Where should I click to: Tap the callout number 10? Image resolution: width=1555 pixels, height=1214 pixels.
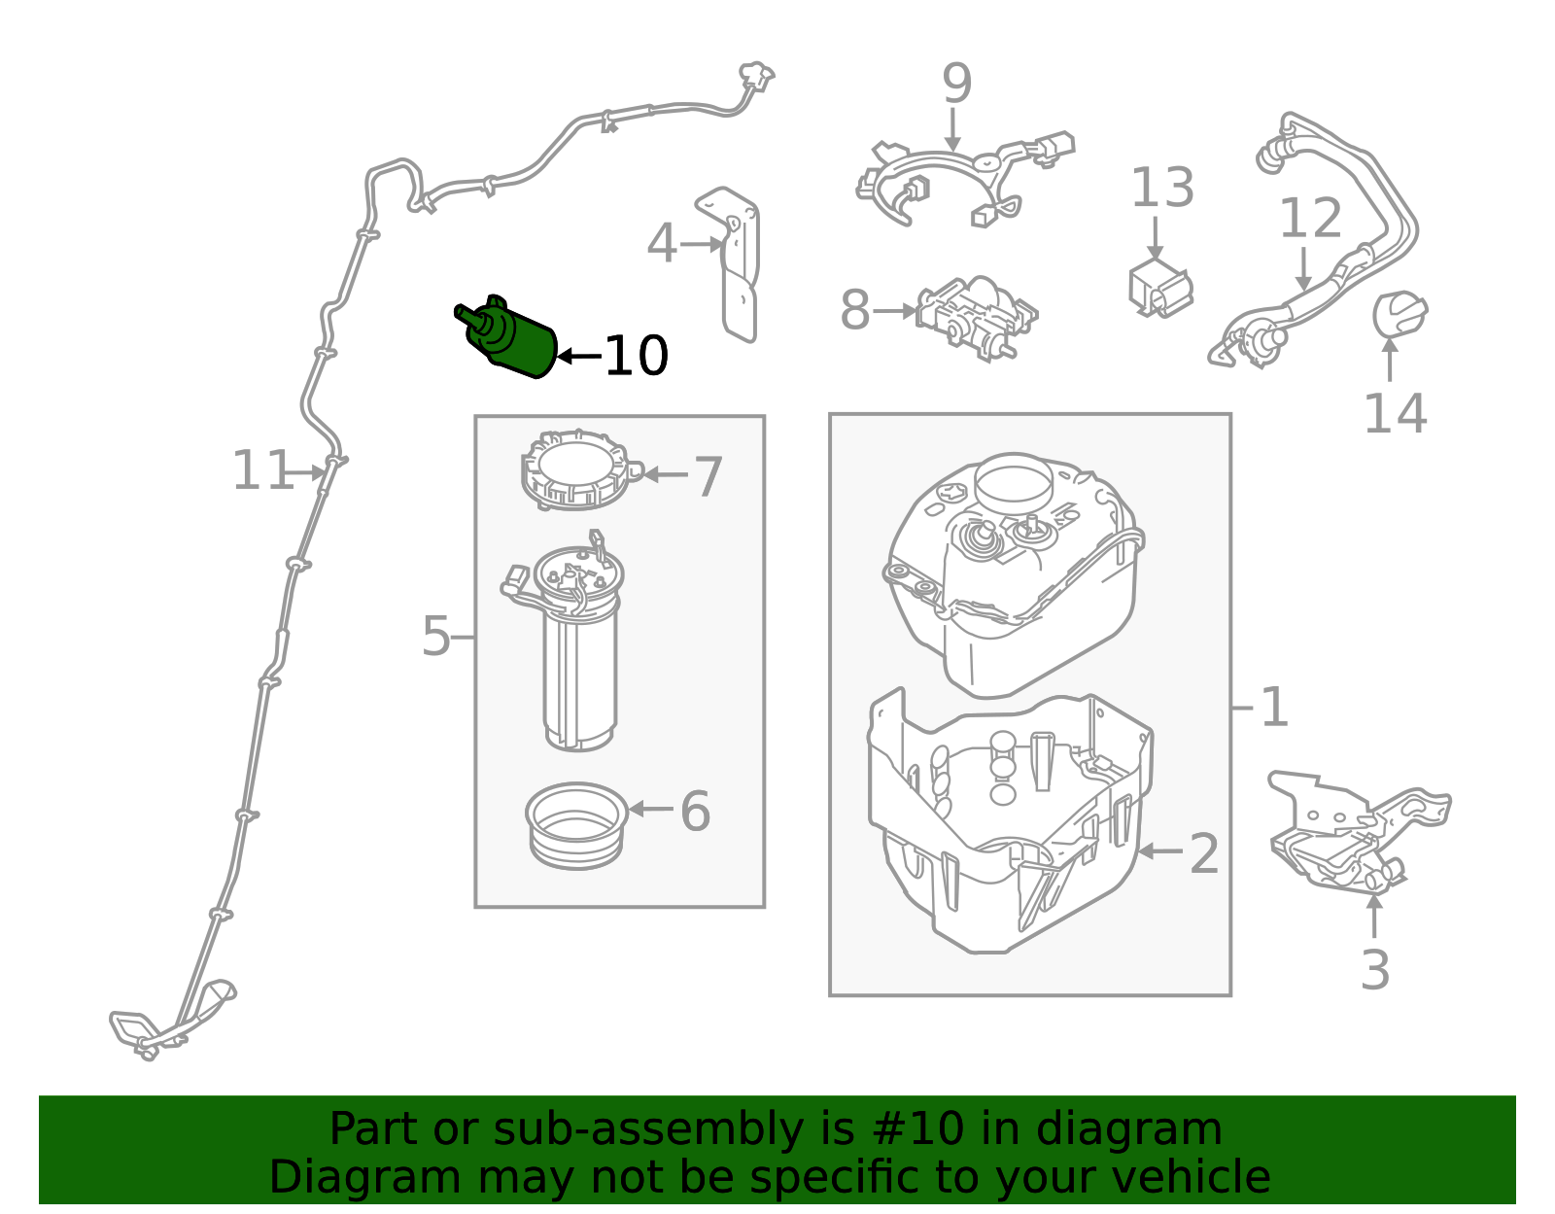(636, 357)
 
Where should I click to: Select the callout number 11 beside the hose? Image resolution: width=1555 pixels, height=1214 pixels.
(261, 471)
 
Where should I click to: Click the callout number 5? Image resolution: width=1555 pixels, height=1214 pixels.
(435, 637)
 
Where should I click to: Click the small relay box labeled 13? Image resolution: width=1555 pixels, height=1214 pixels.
(1159, 287)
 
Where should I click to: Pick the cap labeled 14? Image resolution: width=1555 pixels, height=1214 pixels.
(1399, 313)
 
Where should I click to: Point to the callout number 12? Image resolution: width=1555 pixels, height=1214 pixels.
(1310, 219)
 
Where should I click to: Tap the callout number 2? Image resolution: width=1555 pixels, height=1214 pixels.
(1203, 853)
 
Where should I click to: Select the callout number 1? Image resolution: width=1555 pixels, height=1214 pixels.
(1273, 707)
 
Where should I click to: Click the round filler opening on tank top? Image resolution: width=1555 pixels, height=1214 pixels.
(1013, 478)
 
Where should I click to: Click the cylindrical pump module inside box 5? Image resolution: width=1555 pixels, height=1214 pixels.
(580, 671)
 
